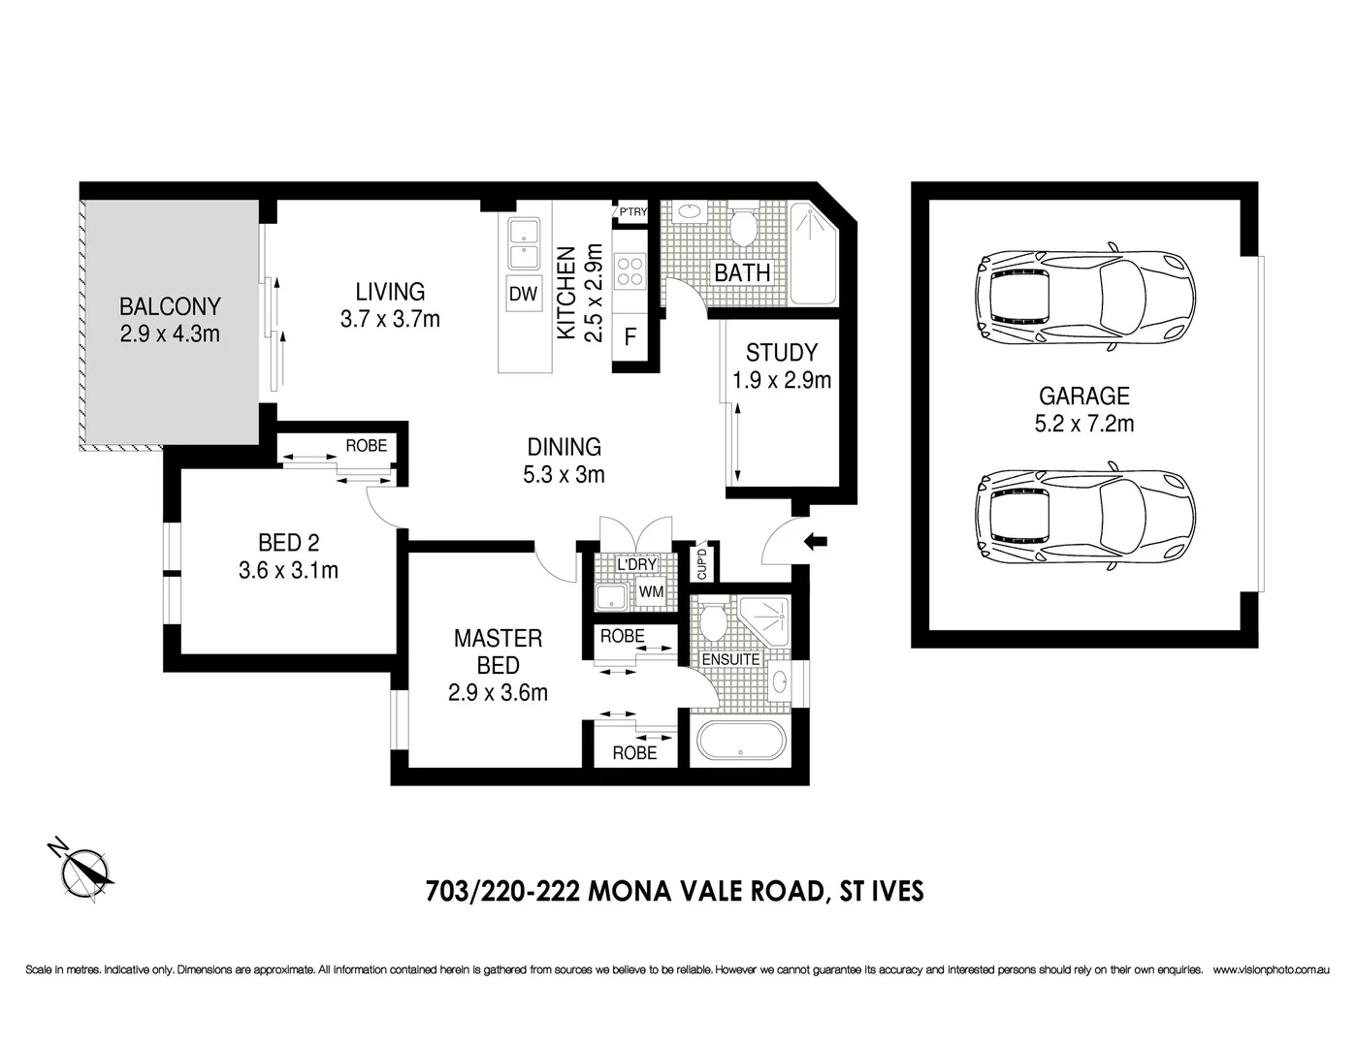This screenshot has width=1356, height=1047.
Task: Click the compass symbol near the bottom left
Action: (83, 867)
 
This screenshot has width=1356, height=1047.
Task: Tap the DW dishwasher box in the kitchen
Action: (523, 295)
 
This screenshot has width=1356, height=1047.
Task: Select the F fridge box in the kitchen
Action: (630, 337)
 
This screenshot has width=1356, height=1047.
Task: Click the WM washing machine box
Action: (649, 591)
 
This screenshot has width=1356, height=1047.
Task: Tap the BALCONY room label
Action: (170, 306)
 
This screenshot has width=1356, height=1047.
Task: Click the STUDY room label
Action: (781, 353)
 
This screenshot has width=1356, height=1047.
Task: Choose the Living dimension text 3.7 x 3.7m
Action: (390, 318)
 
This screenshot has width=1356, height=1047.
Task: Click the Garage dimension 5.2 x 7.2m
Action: (1084, 423)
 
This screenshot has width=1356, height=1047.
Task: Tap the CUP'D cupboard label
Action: (704, 563)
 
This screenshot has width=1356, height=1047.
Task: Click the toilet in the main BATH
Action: (743, 227)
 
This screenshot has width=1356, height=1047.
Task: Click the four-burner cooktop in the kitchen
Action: (630, 270)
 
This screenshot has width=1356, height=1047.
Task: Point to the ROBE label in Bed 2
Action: (366, 446)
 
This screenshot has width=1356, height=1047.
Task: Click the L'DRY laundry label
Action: (636, 564)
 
